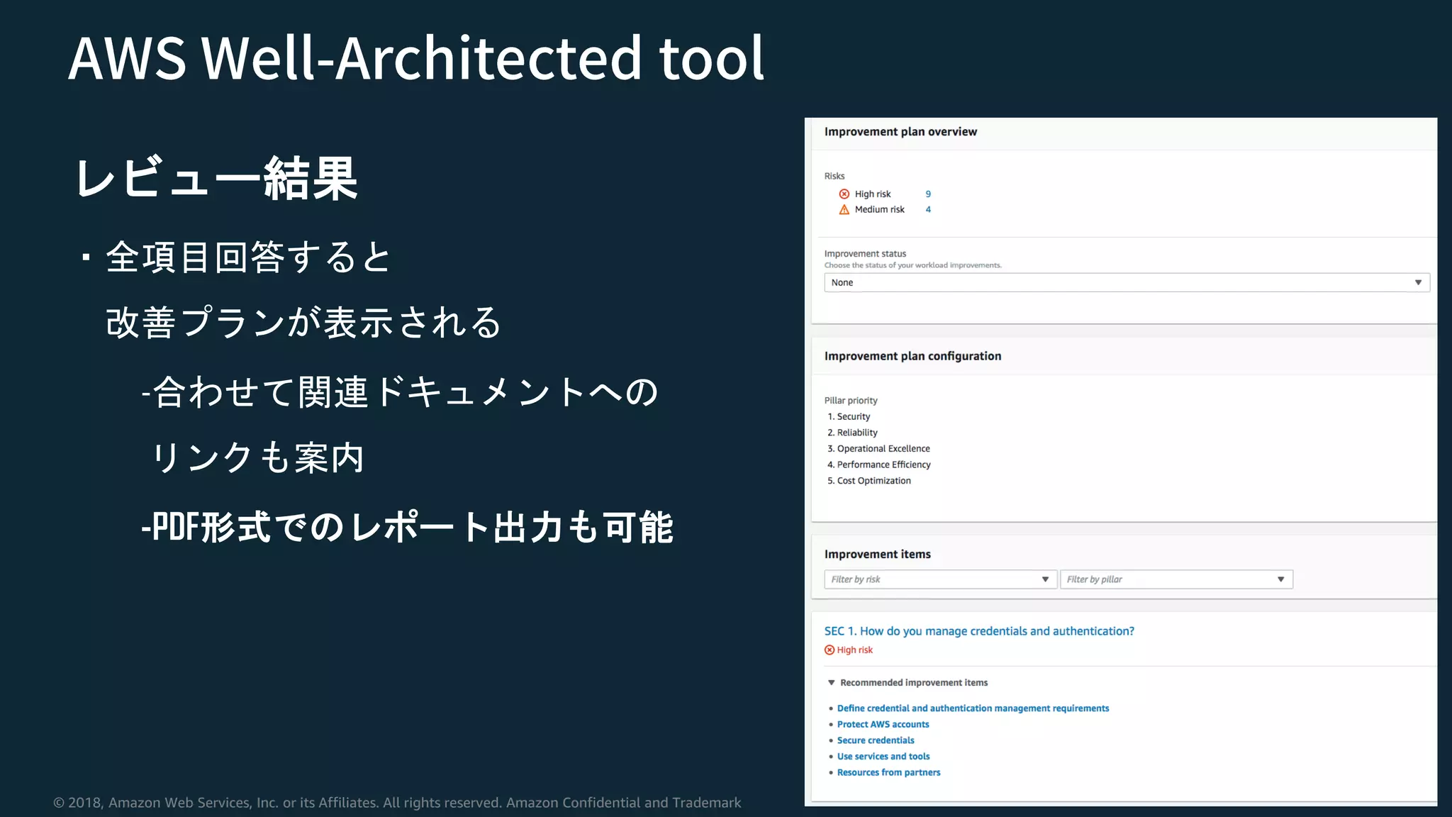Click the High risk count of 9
928,194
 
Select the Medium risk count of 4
928,210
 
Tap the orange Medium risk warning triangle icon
844,210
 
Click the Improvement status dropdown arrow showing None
1418,282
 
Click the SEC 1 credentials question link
978,631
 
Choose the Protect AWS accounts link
883,724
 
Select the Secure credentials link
876,740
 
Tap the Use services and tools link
883,757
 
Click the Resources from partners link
888,772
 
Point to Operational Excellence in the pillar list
883,449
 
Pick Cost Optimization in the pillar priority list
873,481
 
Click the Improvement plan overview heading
900,132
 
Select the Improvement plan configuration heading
912,356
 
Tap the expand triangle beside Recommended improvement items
832,683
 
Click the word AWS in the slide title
128,58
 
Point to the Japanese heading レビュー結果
216,178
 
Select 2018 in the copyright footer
84,803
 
